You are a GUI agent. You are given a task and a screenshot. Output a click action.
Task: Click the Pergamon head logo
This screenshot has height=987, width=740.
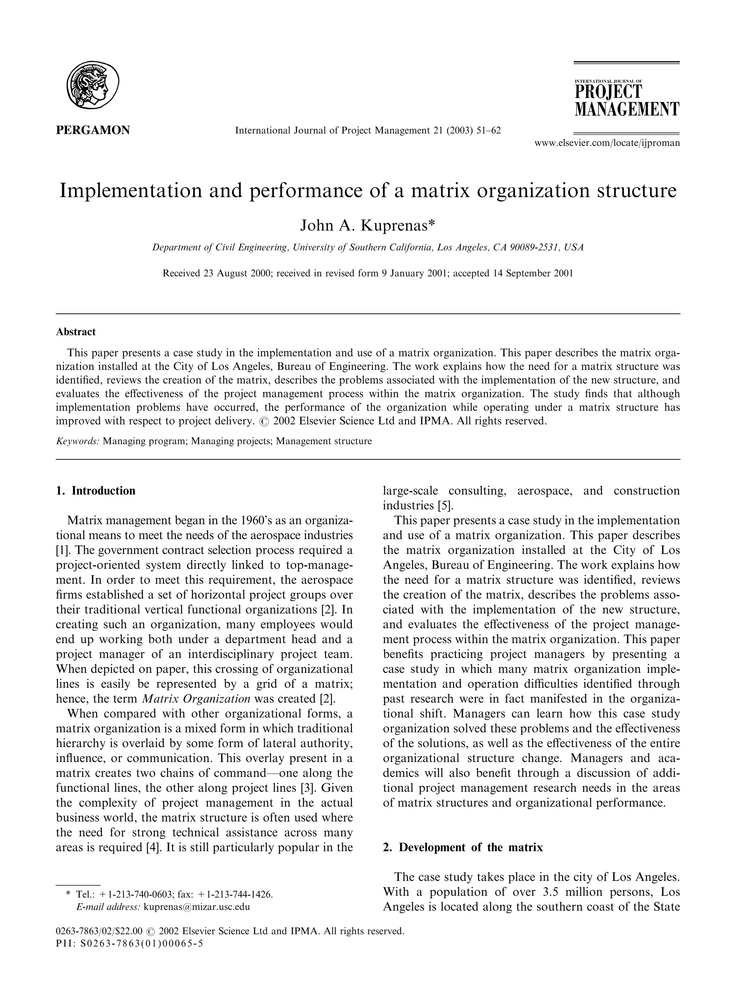pos(93,85)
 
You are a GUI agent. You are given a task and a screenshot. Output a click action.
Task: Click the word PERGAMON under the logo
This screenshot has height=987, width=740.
pos(93,130)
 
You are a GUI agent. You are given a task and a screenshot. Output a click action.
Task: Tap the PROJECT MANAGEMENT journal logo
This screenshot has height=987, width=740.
pos(626,99)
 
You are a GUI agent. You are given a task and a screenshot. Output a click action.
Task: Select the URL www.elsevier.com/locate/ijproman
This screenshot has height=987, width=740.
pos(607,143)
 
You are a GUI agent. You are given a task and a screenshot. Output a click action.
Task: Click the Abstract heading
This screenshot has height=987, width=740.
pos(76,332)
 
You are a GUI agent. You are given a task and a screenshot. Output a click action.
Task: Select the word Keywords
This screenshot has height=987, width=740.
pos(78,441)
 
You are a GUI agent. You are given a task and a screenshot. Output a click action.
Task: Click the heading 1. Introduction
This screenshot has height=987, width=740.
pos(95,491)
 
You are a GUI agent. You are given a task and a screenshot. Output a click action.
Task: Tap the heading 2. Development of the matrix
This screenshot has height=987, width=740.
pos(463,847)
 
